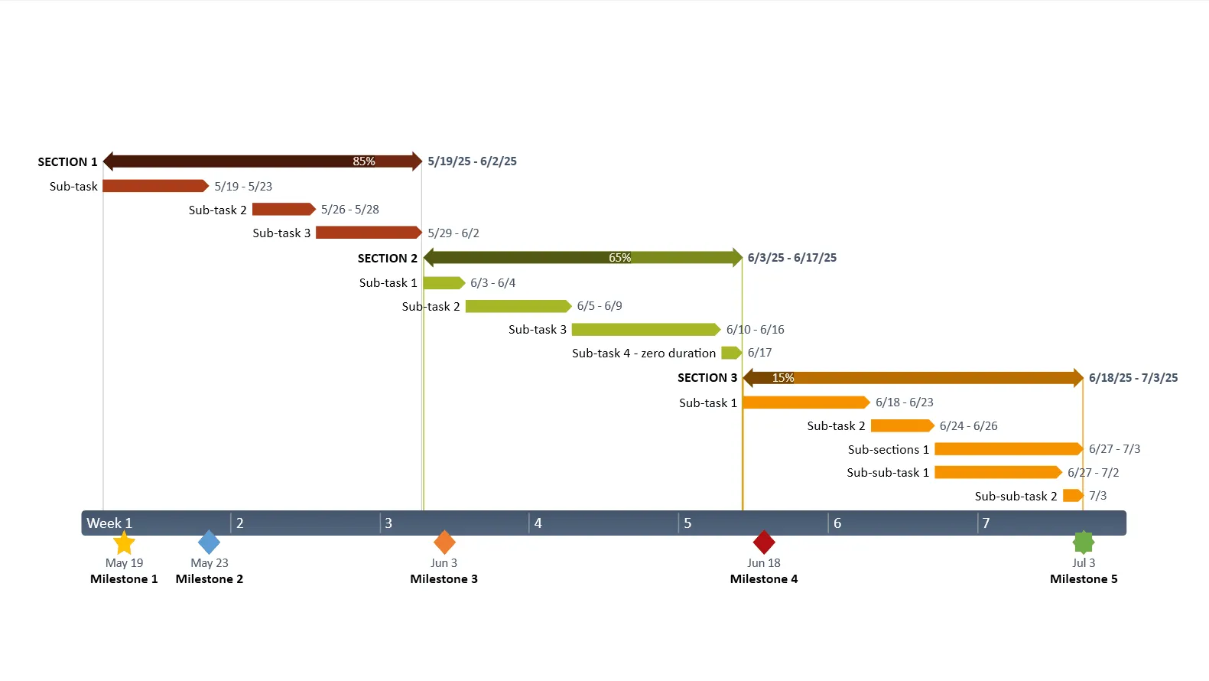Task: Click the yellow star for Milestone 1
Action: coord(124,543)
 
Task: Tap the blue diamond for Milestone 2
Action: coord(209,543)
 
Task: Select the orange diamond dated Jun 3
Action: coord(444,543)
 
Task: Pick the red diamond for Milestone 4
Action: coord(764,543)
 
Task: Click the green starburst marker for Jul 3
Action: coord(1084,543)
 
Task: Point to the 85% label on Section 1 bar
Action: coord(364,161)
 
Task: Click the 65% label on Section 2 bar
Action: coord(620,258)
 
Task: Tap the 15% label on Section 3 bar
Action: coord(783,378)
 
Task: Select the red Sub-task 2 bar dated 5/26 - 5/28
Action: coord(283,210)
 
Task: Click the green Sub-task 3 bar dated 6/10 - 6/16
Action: coord(645,330)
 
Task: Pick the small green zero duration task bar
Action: coord(731,353)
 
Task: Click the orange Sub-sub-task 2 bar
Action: coord(1073,496)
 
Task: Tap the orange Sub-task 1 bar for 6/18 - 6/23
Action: coord(805,402)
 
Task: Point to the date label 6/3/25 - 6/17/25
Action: coord(792,258)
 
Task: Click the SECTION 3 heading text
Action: coord(707,378)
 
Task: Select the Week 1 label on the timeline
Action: coord(109,523)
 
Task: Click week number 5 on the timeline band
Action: coord(687,523)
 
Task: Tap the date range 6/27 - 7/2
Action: coord(1094,473)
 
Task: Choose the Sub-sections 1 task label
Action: coord(889,450)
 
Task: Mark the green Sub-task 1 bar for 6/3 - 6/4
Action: coord(444,283)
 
